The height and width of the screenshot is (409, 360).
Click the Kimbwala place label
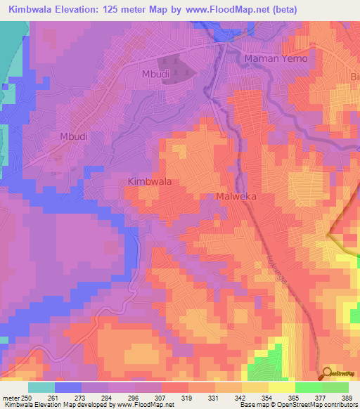150,181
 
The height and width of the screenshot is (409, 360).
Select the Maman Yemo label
276,58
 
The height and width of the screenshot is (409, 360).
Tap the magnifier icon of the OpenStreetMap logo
327,373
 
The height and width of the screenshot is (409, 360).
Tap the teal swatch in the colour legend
41,387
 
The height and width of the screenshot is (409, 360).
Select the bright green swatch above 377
309,387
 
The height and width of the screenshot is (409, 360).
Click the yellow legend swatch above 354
255,387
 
